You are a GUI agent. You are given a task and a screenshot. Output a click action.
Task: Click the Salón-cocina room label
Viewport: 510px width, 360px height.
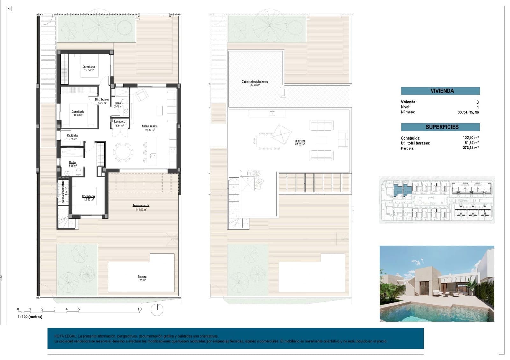[150, 126]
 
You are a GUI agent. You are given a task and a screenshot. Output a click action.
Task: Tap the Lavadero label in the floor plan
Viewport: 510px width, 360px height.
[120, 122]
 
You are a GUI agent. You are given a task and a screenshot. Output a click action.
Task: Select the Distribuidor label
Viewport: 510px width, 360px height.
[102, 100]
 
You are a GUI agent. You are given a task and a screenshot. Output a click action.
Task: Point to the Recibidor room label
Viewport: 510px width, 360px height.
[72, 136]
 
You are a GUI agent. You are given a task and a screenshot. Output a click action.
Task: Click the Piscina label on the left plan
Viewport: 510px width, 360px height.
[142, 277]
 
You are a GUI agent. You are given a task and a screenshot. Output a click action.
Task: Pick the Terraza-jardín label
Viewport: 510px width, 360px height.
[141, 206]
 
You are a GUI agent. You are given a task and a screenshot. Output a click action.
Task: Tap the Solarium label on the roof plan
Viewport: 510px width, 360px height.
[300, 141]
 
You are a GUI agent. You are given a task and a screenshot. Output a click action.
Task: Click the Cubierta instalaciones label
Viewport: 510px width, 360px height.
[255, 82]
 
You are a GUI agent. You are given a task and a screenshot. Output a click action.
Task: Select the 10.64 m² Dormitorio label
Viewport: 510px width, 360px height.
[89, 67]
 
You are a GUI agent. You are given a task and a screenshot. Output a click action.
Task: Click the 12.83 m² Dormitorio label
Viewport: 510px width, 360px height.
[88, 197]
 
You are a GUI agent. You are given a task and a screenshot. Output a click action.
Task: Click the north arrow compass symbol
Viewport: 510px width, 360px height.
[157, 309]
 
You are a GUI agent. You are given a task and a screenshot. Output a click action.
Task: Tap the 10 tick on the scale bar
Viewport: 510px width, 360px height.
[139, 309]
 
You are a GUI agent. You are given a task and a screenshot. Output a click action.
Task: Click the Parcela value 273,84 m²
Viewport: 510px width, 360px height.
[470, 148]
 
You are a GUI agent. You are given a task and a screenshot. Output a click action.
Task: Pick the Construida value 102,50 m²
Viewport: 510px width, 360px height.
[470, 138]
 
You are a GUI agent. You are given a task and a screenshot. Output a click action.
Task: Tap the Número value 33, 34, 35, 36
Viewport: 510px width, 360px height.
[468, 112]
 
